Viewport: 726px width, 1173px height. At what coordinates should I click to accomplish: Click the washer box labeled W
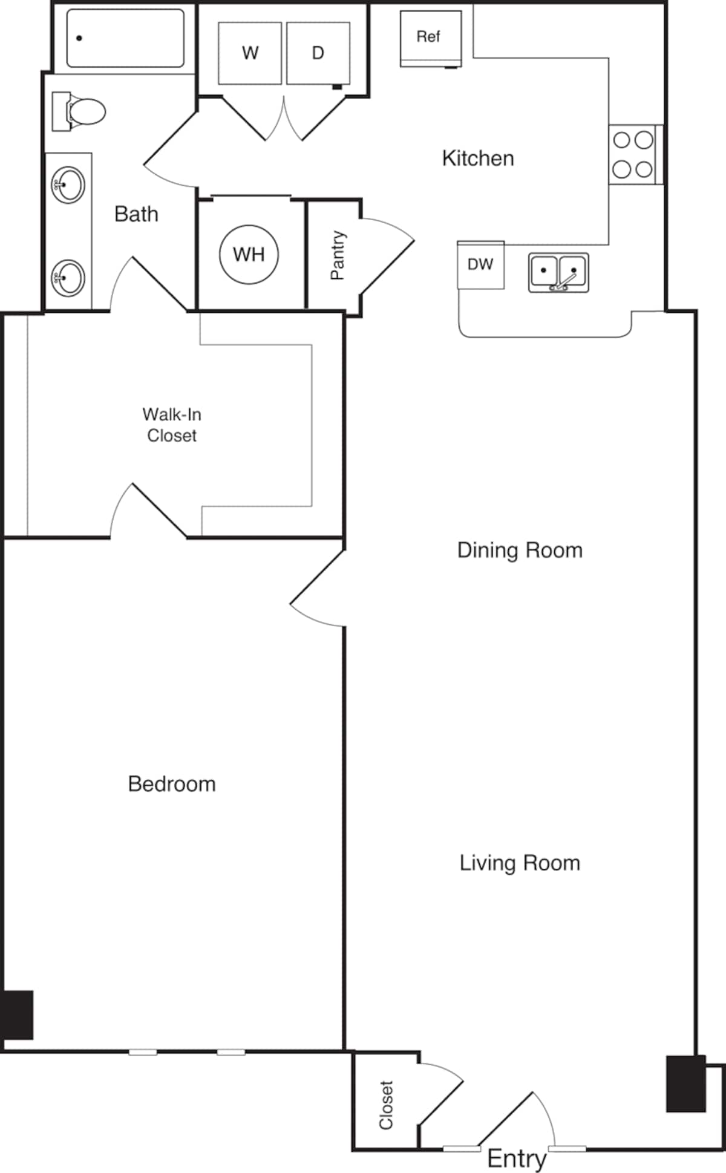[x=250, y=53]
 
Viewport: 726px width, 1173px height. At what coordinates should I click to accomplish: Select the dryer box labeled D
[x=318, y=53]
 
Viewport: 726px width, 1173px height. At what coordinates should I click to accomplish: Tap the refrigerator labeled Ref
[x=430, y=38]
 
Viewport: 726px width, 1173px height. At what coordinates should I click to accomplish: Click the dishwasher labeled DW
[x=480, y=265]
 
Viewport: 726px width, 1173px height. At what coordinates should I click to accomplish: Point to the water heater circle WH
[x=249, y=254]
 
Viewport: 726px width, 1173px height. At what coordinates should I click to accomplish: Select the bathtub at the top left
[x=125, y=38]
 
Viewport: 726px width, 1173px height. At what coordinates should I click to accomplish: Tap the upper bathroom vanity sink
[x=68, y=184]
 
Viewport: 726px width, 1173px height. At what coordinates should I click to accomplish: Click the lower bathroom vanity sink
[x=68, y=278]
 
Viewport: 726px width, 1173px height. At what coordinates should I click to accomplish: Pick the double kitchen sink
[x=558, y=272]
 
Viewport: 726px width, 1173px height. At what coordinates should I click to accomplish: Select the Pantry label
[x=337, y=255]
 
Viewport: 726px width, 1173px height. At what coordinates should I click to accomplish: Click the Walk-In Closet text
[x=172, y=425]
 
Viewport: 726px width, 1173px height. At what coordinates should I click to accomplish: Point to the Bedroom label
[x=172, y=784]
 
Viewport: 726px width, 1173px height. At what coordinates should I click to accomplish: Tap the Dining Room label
[x=520, y=550]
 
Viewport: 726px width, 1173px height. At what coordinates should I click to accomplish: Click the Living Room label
[x=520, y=863]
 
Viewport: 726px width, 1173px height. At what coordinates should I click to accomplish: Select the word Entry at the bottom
[x=517, y=1158]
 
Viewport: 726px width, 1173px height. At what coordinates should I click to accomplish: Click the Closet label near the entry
[x=386, y=1105]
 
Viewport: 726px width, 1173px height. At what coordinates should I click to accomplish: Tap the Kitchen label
[x=478, y=158]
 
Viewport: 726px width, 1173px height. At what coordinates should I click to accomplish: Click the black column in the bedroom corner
[x=17, y=1015]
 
